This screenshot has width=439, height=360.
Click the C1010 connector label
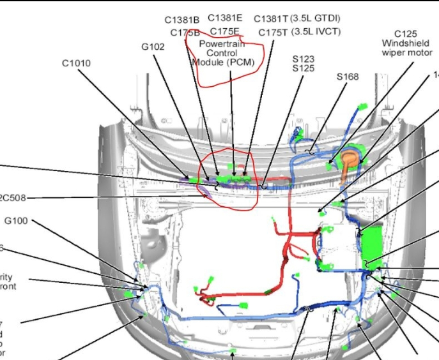(x=76, y=63)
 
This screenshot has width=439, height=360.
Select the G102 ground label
(x=153, y=47)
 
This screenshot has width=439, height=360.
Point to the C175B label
(x=185, y=33)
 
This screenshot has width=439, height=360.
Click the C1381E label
(x=225, y=18)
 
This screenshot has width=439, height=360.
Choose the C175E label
(x=225, y=31)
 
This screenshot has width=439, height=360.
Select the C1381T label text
(x=271, y=19)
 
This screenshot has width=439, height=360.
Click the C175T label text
(x=273, y=32)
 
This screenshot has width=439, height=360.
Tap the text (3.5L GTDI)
(x=315, y=18)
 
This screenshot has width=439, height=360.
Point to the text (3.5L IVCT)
(x=316, y=31)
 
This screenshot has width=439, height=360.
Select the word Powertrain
(x=222, y=44)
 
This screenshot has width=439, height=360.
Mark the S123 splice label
(x=303, y=59)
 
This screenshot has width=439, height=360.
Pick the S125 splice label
(x=303, y=68)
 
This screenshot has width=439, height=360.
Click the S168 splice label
(x=348, y=77)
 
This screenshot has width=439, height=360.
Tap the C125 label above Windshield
(x=406, y=33)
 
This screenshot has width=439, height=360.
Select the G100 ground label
(x=16, y=221)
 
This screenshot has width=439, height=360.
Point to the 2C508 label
(x=13, y=198)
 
